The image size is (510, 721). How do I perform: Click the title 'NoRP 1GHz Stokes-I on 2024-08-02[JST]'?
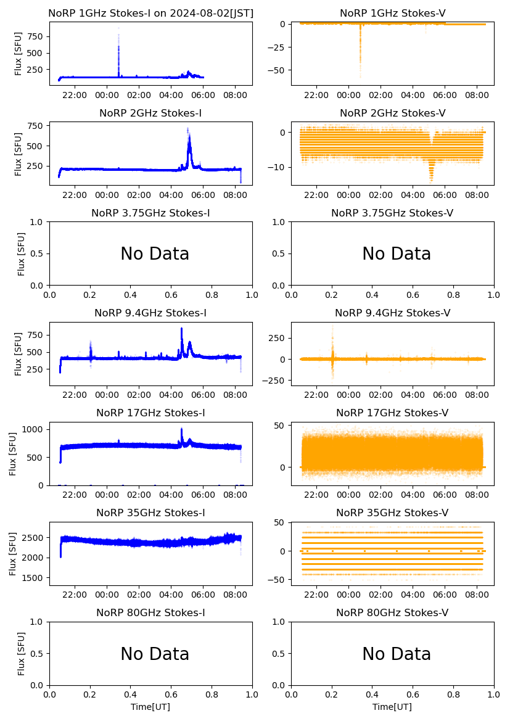tap(150, 14)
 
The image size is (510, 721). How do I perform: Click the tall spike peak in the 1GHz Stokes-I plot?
tap(118, 29)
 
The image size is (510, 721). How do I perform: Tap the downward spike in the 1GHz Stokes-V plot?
tap(360, 74)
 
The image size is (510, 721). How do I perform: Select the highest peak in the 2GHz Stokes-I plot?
tap(189, 129)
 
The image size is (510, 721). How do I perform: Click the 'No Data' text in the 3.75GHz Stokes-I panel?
tap(155, 253)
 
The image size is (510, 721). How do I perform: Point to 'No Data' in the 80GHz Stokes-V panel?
tap(397, 654)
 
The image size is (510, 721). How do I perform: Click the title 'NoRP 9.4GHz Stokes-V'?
tap(392, 313)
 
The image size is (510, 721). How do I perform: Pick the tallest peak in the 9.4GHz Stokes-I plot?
tap(182, 329)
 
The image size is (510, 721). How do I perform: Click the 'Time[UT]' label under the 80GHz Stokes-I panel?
tap(150, 707)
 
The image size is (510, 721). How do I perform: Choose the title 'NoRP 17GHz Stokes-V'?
tap(392, 413)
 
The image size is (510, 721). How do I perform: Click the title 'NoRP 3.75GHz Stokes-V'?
tap(392, 213)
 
